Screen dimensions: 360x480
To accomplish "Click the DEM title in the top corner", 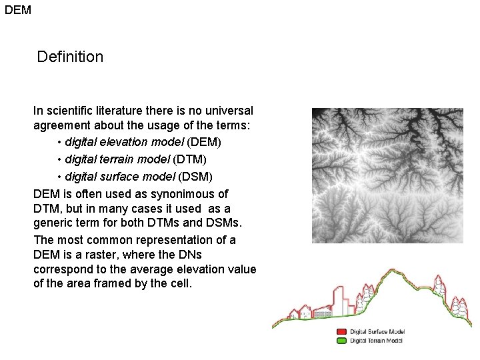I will (x=18, y=10).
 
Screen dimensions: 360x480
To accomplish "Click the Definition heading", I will (x=70, y=57).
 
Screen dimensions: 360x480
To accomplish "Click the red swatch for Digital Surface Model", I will (x=341, y=331).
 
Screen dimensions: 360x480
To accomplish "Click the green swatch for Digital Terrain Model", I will (x=341, y=340).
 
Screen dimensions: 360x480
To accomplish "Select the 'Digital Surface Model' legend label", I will (x=377, y=331).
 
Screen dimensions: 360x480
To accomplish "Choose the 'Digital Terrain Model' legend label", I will (x=377, y=340).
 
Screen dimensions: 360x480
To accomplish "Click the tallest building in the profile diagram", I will (x=340, y=301).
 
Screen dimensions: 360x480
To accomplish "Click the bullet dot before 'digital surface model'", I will (x=59, y=177).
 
